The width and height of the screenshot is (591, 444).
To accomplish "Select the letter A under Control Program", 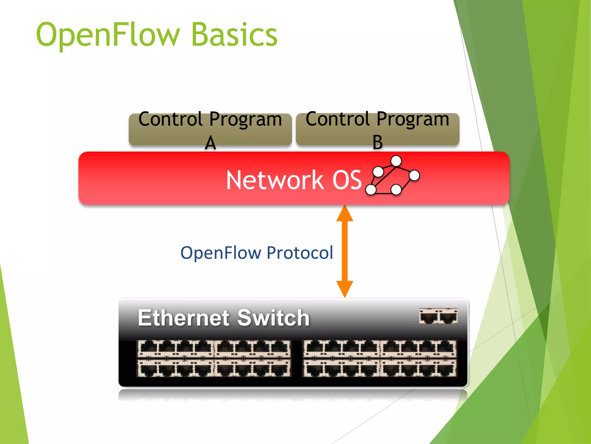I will (x=210, y=143).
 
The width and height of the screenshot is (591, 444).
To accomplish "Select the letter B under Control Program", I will (x=377, y=142).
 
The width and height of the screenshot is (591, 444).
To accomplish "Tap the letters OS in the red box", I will (x=347, y=180).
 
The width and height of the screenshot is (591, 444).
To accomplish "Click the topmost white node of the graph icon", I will (x=396, y=161).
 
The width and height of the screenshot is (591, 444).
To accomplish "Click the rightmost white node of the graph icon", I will (x=414, y=175).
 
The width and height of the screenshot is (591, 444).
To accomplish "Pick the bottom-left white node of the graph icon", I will (x=371, y=190).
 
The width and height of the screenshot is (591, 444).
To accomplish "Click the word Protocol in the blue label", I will (x=300, y=253).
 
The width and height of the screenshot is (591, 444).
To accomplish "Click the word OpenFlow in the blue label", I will (x=221, y=253).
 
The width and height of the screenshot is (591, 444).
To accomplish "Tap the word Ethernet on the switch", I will (x=184, y=318).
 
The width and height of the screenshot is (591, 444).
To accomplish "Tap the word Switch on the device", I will (x=273, y=318).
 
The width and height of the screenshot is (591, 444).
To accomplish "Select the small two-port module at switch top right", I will (x=438, y=316).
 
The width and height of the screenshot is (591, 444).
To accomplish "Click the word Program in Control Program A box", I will (x=246, y=119).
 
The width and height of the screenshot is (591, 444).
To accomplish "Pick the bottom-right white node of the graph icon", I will (x=396, y=190).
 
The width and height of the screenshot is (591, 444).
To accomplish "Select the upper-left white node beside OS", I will (x=378, y=172).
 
